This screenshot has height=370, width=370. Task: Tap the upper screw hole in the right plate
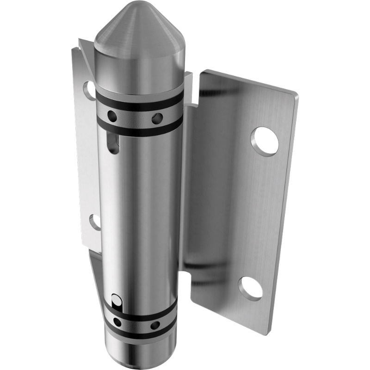tap(265, 141)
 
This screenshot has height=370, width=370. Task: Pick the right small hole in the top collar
tap(157, 118)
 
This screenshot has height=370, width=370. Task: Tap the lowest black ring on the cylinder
tap(139, 334)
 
